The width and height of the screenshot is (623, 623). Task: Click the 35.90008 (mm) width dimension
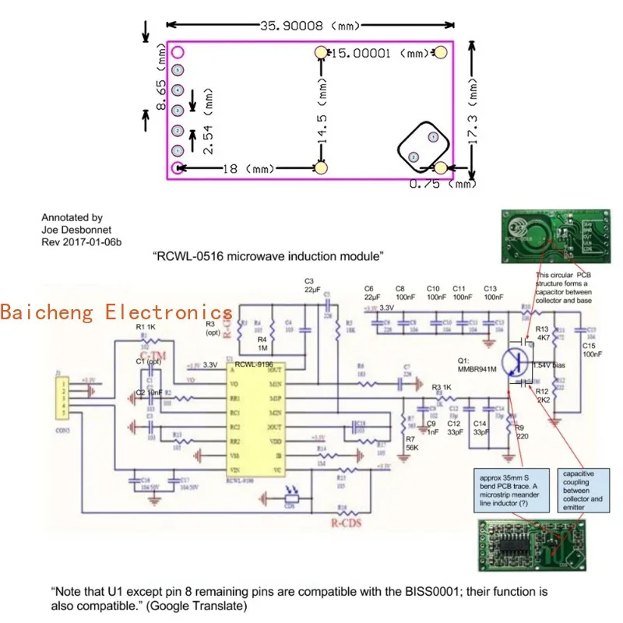point(310,25)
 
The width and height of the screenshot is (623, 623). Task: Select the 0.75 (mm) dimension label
point(442,184)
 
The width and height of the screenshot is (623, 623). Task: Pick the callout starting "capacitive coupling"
point(583,489)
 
